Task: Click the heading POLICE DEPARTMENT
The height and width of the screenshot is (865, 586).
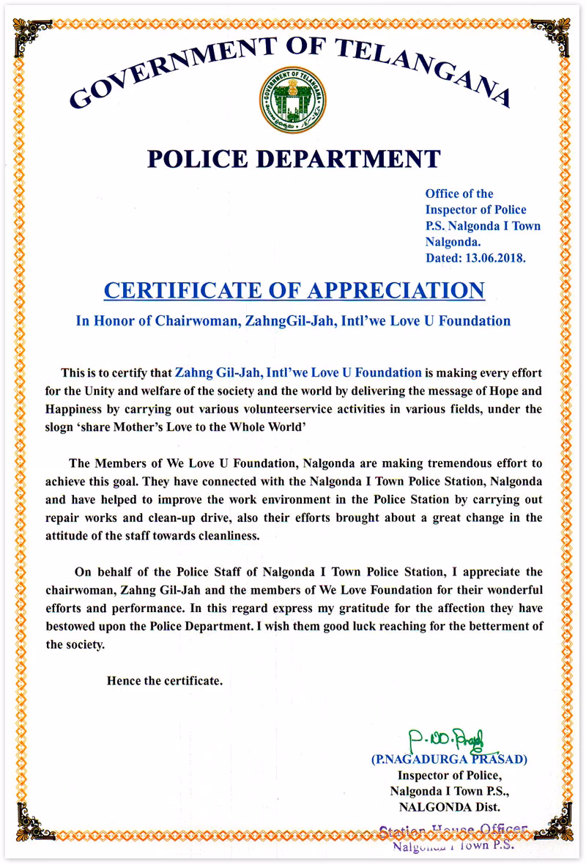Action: (294, 158)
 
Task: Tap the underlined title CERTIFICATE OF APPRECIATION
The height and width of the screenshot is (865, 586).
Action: (294, 290)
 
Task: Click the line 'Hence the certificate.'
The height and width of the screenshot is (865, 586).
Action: (164, 680)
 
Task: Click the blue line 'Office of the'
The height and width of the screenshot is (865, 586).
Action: (459, 194)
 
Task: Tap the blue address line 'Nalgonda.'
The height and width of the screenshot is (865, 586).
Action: (453, 242)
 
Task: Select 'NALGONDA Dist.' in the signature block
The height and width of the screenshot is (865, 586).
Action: (449, 807)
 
